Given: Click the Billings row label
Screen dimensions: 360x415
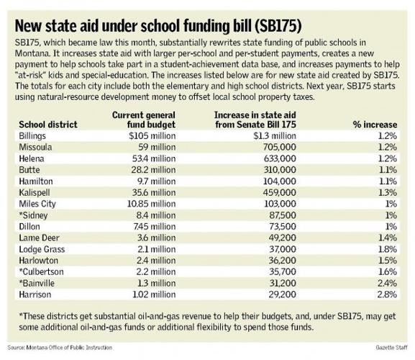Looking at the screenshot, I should tap(37, 135).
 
